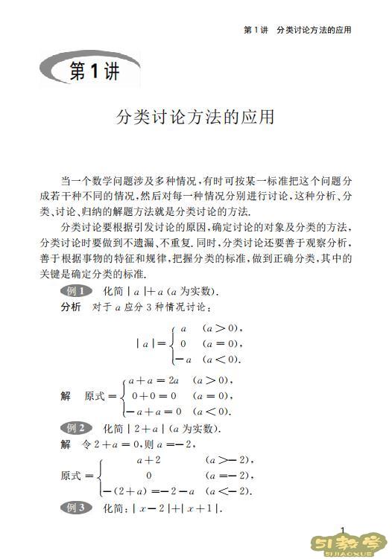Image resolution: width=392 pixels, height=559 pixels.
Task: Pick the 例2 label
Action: tap(75, 428)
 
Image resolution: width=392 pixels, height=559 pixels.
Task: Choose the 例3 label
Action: tap(75, 508)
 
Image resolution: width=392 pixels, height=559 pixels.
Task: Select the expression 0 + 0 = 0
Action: tap(154, 396)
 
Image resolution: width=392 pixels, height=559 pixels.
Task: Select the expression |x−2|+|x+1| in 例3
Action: tap(177, 508)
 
